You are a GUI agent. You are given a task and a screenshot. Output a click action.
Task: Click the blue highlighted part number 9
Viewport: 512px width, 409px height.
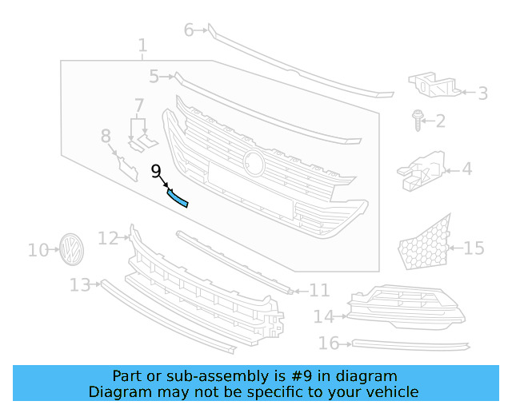click(178, 197)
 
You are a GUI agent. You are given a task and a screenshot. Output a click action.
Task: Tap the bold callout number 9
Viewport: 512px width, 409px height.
click(156, 170)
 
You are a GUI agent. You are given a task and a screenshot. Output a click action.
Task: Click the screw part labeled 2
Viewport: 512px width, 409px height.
click(417, 120)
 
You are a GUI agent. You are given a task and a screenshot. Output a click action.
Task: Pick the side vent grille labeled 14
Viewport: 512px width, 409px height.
click(404, 308)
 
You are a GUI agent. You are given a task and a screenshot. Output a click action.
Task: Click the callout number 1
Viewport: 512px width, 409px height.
click(142, 46)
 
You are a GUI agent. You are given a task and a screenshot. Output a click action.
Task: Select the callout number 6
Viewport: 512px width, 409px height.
click(189, 30)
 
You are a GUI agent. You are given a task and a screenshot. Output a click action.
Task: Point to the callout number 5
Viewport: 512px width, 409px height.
click(154, 77)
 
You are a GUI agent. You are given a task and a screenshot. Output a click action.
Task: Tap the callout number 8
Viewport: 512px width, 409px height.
click(106, 137)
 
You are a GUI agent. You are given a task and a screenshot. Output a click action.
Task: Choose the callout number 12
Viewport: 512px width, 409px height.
click(108, 237)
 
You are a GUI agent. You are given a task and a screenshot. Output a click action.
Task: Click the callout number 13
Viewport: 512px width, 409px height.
click(80, 284)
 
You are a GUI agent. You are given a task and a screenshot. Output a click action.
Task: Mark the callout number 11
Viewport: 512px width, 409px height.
click(319, 290)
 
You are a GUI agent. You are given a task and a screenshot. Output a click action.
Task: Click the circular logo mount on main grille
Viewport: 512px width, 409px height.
click(254, 162)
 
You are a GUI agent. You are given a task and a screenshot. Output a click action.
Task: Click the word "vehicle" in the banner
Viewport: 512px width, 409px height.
click(391, 391)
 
